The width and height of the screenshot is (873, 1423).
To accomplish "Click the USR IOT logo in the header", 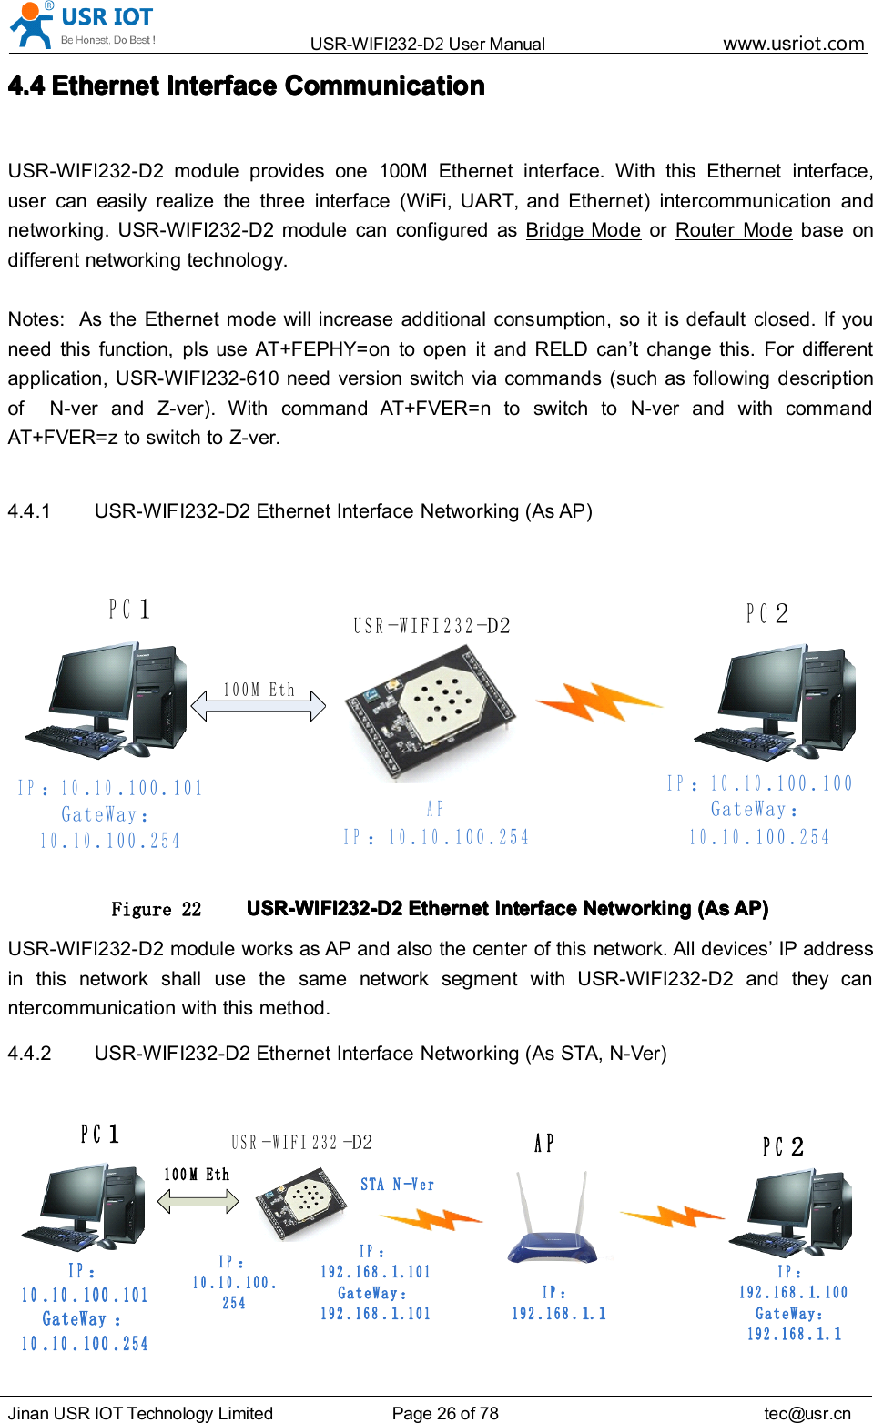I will click(82, 25).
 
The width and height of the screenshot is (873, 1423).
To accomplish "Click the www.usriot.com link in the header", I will click(793, 44).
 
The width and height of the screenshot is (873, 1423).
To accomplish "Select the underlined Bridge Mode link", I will click(583, 230).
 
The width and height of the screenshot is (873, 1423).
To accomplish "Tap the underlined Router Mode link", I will click(733, 230).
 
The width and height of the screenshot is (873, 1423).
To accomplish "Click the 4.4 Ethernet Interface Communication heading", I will click(246, 86).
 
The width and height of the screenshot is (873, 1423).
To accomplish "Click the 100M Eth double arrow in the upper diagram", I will click(259, 705).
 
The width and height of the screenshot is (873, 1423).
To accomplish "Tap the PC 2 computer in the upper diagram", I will click(775, 701).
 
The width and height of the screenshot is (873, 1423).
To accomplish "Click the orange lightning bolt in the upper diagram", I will click(598, 702).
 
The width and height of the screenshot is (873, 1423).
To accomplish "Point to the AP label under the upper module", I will click(435, 809).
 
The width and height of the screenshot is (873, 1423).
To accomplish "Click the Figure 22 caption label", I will click(156, 909).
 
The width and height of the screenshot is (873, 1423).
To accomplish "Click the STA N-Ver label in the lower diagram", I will click(397, 1185).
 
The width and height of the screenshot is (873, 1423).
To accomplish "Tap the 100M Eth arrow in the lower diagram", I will click(198, 1201).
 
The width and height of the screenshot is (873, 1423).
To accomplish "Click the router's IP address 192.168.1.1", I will click(558, 1313).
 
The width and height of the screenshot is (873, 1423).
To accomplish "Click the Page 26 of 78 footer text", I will click(445, 1413).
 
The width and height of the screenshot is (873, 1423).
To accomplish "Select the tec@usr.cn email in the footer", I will click(807, 1413).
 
